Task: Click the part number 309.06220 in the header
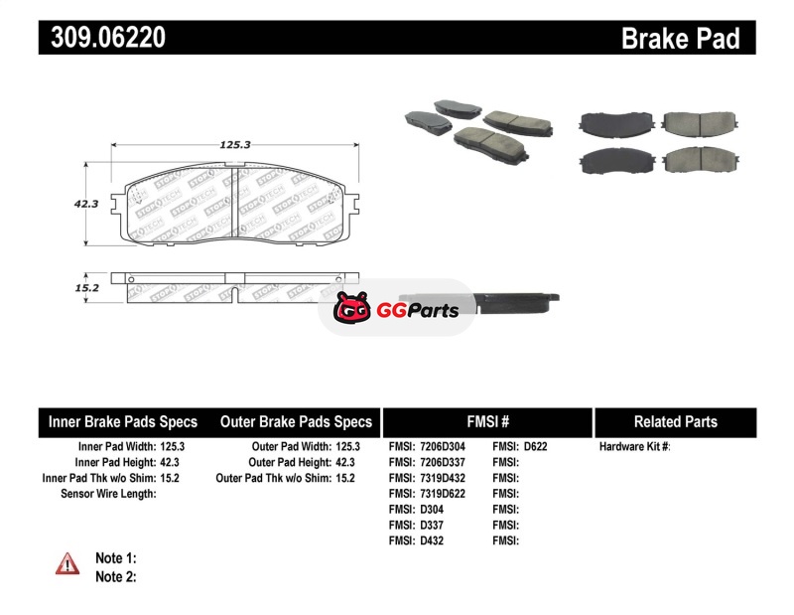pos(108,37)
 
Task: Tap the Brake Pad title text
pos(681,38)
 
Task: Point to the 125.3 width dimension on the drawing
pos(235,145)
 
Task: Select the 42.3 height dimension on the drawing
pos(86,204)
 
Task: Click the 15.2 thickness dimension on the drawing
pos(87,288)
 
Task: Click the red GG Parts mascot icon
pos(352,307)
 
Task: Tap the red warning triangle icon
pos(67,563)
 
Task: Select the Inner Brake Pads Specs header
pos(123,422)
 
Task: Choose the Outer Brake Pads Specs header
pos(296,422)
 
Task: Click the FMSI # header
pos(488,422)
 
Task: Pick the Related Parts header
pos(676,422)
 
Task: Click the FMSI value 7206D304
pos(443,447)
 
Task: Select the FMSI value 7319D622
pos(443,494)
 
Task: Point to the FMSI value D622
pos(535,447)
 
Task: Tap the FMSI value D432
pos(432,540)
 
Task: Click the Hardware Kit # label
pos(634,447)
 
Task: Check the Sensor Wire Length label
pos(108,494)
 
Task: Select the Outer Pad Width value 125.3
pos(348,447)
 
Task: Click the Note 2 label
pos(116,577)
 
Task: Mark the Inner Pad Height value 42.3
pos(170,462)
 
